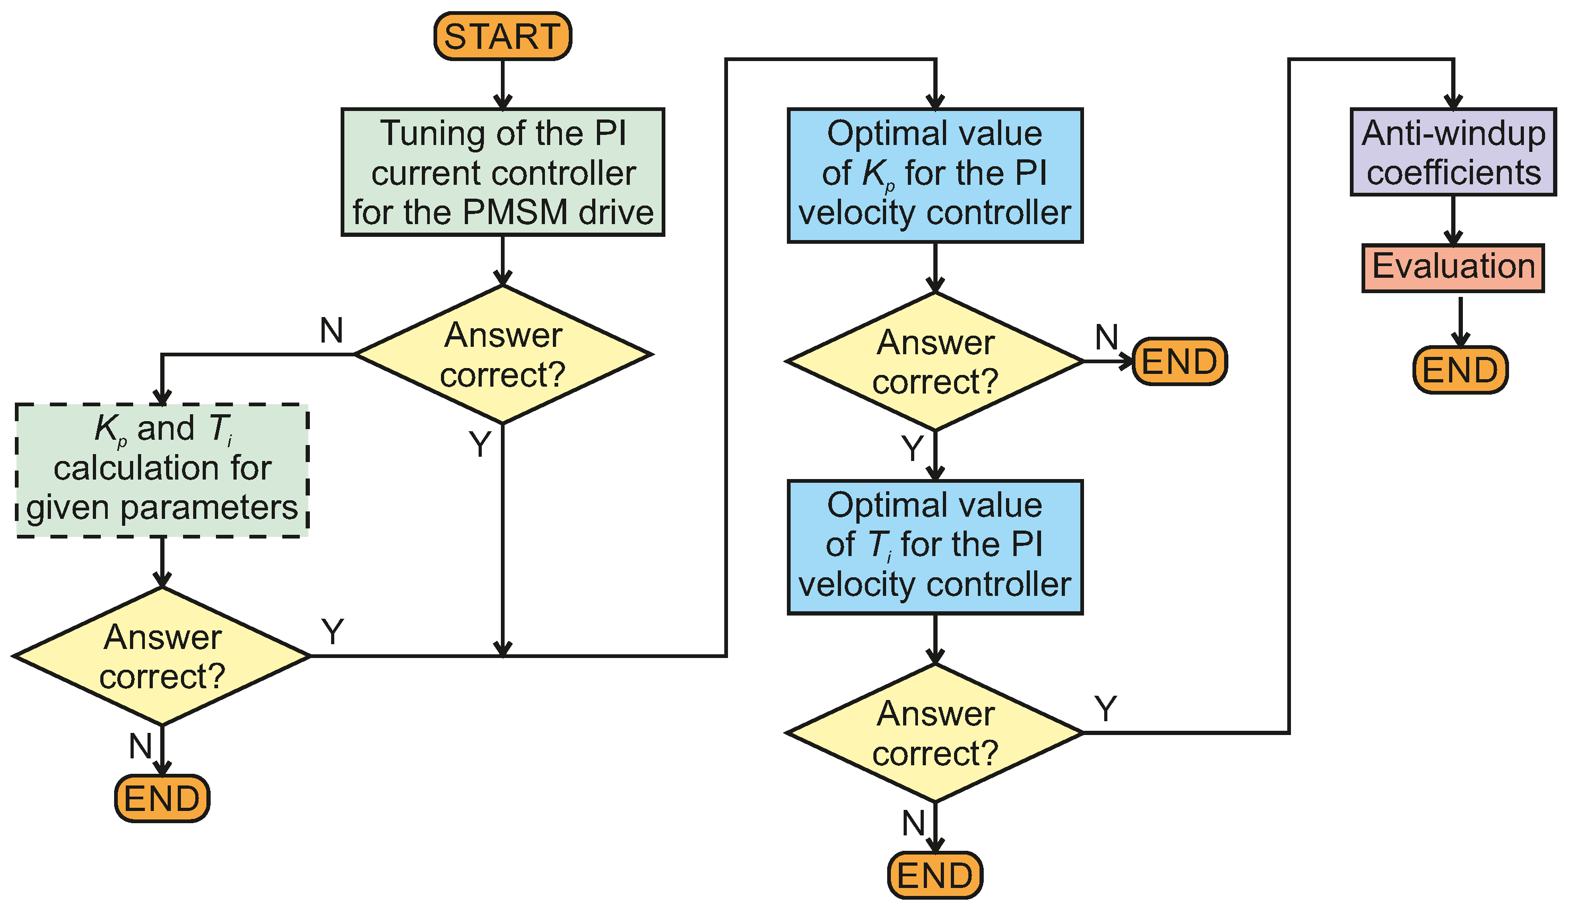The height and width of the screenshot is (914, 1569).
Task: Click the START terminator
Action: (502, 36)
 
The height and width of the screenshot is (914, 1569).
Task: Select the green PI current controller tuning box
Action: (502, 173)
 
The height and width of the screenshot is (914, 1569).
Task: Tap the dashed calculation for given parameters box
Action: (162, 471)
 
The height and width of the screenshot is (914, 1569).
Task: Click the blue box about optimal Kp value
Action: (934, 176)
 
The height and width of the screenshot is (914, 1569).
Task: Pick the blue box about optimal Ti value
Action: (934, 547)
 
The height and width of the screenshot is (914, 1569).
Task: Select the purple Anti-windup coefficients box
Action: (1453, 152)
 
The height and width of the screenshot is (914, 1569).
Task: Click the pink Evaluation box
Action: (1453, 268)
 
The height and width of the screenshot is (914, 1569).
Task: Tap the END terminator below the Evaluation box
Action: (1460, 370)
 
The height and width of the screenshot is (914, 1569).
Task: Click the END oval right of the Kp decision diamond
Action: (1178, 361)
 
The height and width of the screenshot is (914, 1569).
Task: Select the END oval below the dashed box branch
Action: (162, 799)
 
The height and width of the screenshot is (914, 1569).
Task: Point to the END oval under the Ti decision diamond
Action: (934, 875)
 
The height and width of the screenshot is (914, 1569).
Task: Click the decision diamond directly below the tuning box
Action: (502, 355)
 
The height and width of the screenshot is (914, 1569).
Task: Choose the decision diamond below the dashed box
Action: (162, 656)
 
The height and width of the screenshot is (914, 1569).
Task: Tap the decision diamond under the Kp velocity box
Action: (934, 361)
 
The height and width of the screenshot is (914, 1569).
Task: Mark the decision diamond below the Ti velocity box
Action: (934, 733)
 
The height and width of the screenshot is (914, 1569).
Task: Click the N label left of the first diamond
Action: (331, 330)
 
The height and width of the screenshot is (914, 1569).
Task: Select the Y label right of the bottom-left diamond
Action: (333, 632)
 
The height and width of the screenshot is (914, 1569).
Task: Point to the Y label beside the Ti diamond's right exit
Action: (1106, 709)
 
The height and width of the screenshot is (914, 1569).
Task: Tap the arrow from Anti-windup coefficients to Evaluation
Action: (1453, 220)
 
